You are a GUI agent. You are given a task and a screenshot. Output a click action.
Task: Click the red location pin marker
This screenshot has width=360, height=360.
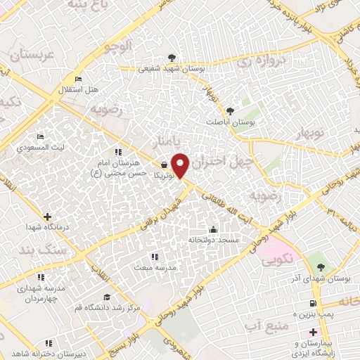[x=181, y=165]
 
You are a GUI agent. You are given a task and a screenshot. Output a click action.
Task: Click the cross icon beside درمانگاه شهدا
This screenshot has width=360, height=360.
[x=47, y=217]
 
